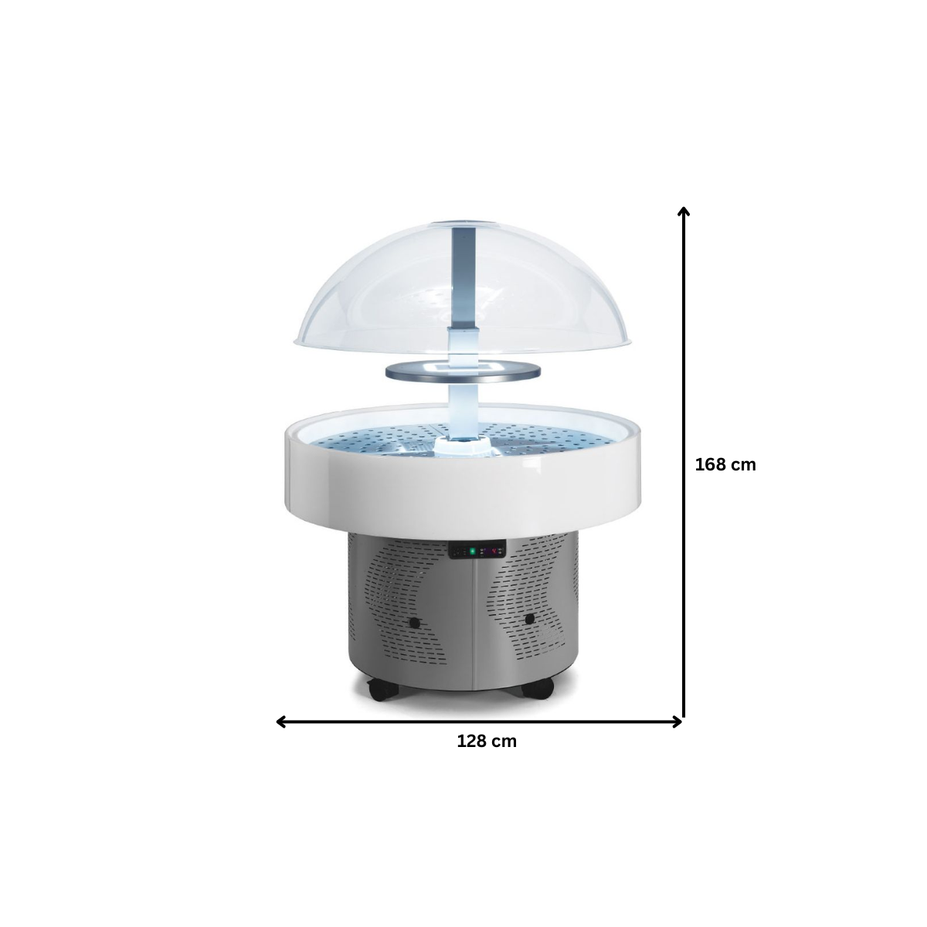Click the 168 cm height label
pyautogui.click(x=725, y=465)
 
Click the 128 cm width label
pyautogui.click(x=487, y=742)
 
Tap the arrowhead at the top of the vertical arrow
pyautogui.click(x=683, y=212)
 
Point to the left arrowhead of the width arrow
pyautogui.click(x=281, y=722)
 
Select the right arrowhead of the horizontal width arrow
pyautogui.click(x=677, y=722)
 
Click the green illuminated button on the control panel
pyautogui.click(x=472, y=551)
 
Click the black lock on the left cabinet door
pyautogui.click(x=414, y=623)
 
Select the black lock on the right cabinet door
pyautogui.click(x=530, y=619)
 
